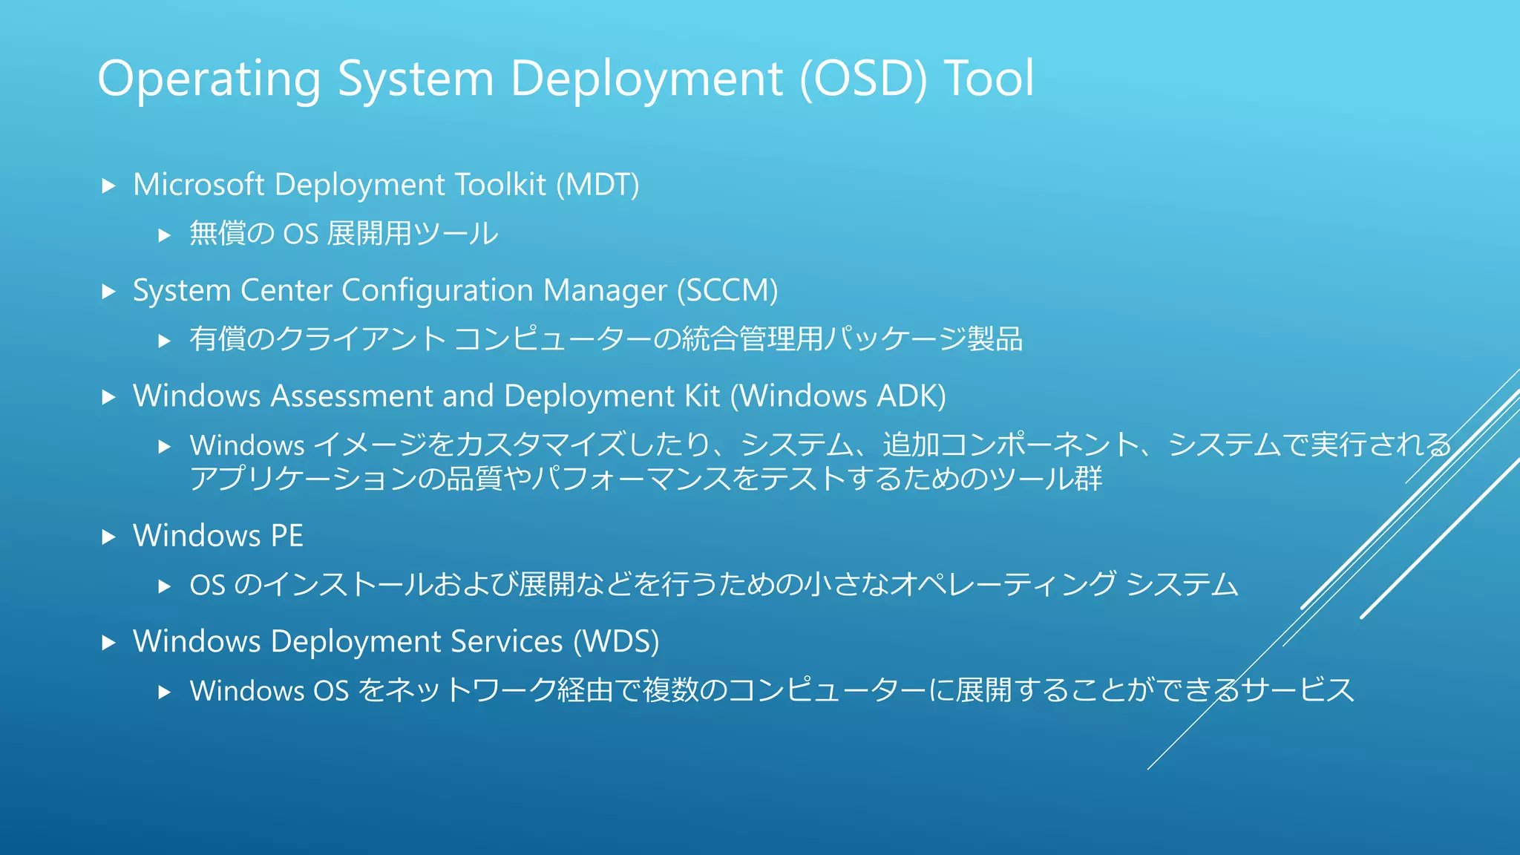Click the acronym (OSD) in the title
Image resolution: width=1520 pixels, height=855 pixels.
pos(862,79)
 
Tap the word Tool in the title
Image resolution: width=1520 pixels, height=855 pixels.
pos(988,79)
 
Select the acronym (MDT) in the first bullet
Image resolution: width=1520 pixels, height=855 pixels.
pos(597,185)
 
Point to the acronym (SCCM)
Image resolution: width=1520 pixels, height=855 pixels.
pos(727,290)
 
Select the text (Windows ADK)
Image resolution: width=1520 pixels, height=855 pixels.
pos(838,396)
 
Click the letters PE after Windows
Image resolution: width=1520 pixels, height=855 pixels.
pos(286,536)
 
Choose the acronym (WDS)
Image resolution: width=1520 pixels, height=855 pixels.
pos(616,641)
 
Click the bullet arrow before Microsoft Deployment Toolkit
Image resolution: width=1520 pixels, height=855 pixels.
pos(109,186)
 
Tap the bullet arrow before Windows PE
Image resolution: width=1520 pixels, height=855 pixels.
pos(109,537)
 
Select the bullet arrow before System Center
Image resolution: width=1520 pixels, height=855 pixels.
pos(109,291)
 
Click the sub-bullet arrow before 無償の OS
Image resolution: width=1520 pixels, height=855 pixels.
pos(165,235)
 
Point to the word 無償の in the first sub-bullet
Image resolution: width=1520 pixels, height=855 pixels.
pos(232,234)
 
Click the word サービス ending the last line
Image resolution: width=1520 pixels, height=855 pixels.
pos(1298,690)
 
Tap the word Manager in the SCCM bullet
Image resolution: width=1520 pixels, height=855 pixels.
pos(605,291)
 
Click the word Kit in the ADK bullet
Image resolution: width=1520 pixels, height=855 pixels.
pos(702,396)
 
